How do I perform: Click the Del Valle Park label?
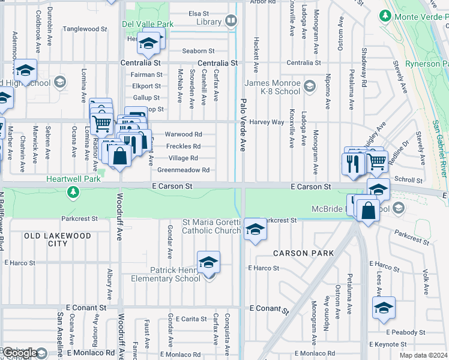[x=147, y=25]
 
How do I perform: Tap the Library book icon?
[x=231, y=22]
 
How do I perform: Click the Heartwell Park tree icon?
[x=73, y=192]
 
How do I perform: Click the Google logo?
[x=20, y=353]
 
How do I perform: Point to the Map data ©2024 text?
[x=423, y=355]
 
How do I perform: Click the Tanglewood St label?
[x=85, y=28]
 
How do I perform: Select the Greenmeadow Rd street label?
[x=183, y=170]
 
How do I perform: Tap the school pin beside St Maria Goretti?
[x=255, y=230]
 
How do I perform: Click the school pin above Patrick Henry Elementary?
[x=208, y=263]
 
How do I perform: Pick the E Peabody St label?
[x=405, y=332]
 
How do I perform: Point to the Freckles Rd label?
[x=183, y=146]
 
